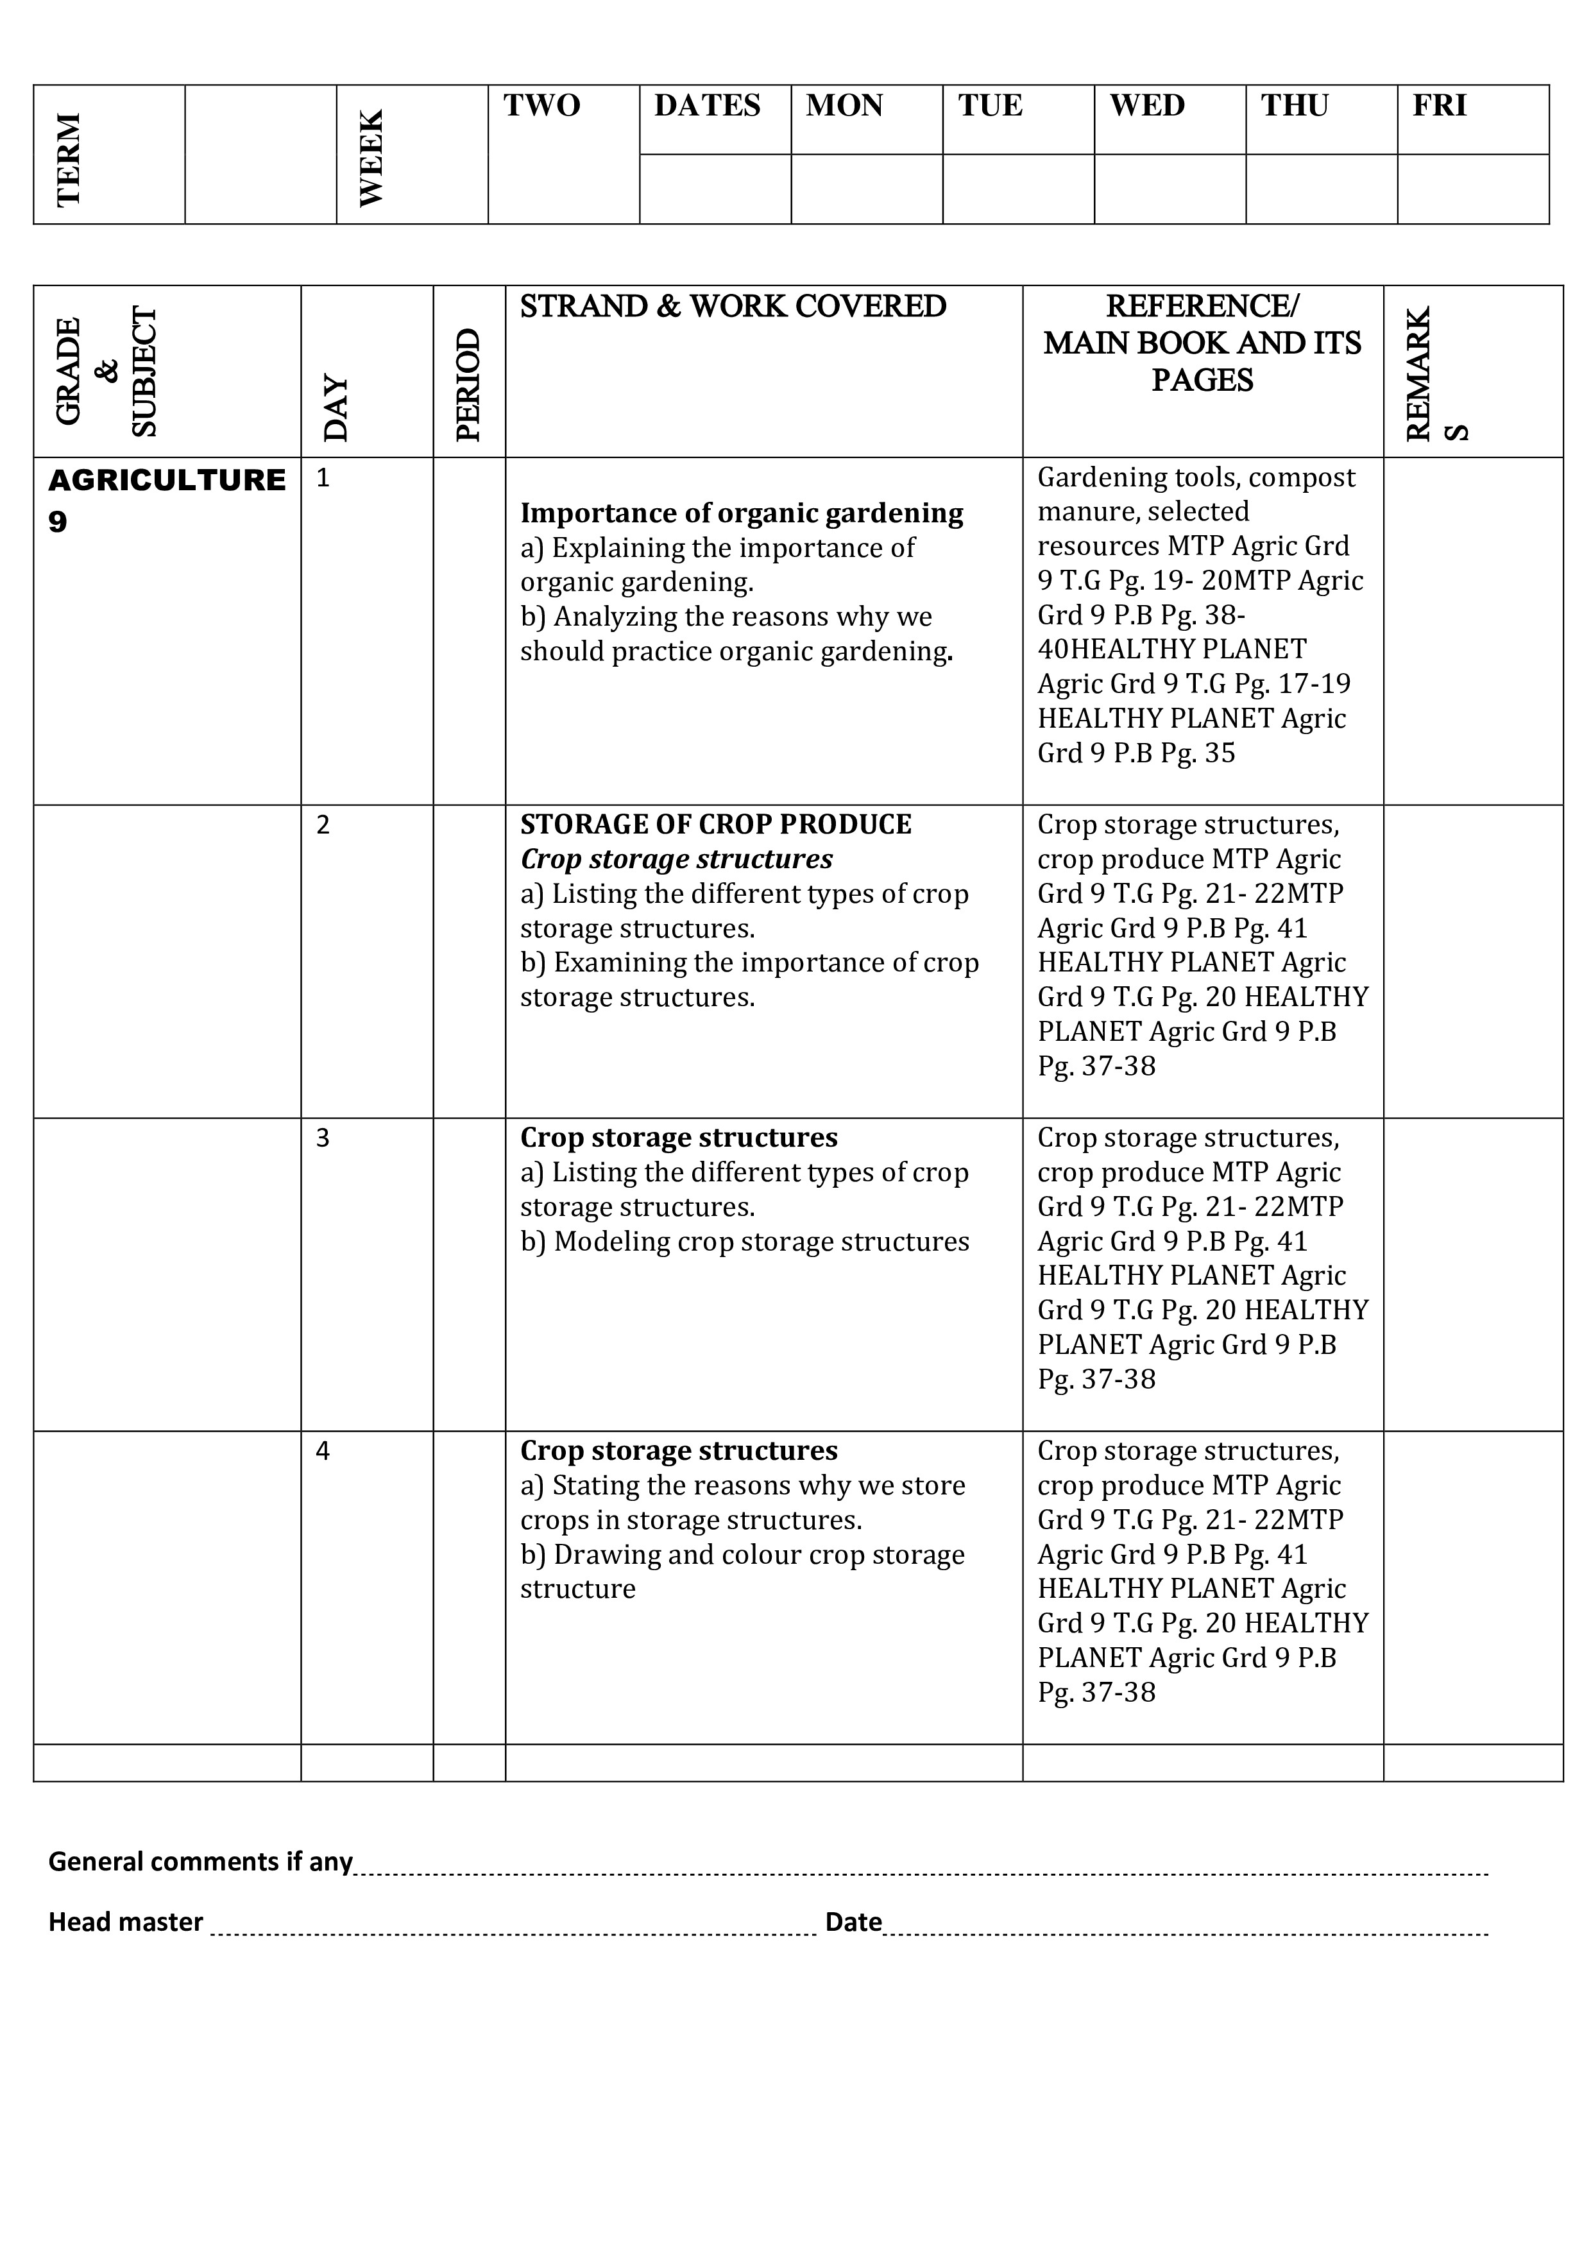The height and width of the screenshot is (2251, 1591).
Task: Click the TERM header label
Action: coord(69,159)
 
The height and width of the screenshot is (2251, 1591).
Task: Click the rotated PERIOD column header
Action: coord(468,384)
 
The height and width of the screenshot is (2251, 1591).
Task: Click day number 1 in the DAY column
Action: coord(323,479)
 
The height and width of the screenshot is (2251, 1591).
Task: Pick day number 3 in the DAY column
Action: coord(323,1138)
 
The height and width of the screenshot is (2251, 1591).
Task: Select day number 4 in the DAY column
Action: coord(323,1451)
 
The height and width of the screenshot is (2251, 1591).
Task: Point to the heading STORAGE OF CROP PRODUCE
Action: coord(715,825)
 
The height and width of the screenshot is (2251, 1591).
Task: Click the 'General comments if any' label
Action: coord(200,1862)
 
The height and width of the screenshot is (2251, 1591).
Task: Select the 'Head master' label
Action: coord(126,1922)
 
